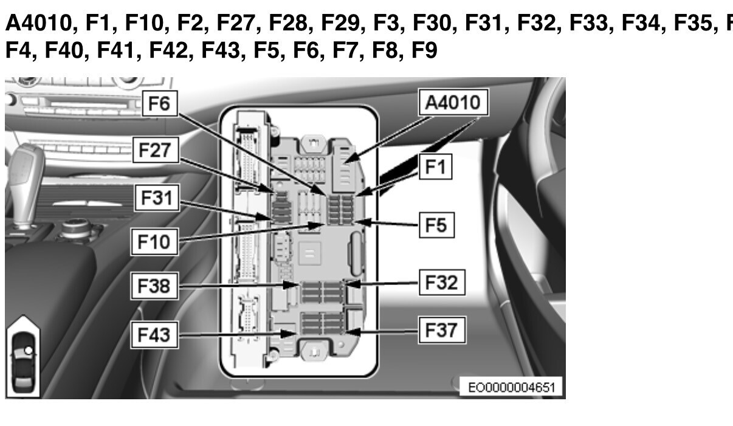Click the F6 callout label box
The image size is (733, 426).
tap(160, 103)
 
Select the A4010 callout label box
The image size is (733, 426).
tap(453, 102)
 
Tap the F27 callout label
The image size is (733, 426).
tap(156, 150)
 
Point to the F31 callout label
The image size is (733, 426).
tap(157, 198)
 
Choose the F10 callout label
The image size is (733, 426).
tap(154, 242)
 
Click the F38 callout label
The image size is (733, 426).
tap(154, 286)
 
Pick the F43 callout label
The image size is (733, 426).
tap(154, 335)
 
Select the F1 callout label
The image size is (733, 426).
tap(436, 167)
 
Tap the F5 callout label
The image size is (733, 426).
tap(436, 225)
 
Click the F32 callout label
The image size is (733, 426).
tap(442, 283)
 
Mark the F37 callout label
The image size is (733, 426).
tap(442, 330)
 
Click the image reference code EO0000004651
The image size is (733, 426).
tap(511, 388)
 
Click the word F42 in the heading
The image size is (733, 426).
tap(168, 50)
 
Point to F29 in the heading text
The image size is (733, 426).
tap(340, 22)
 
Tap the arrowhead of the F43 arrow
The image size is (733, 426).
tap(289, 334)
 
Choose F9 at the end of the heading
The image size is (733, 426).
tap(424, 50)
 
